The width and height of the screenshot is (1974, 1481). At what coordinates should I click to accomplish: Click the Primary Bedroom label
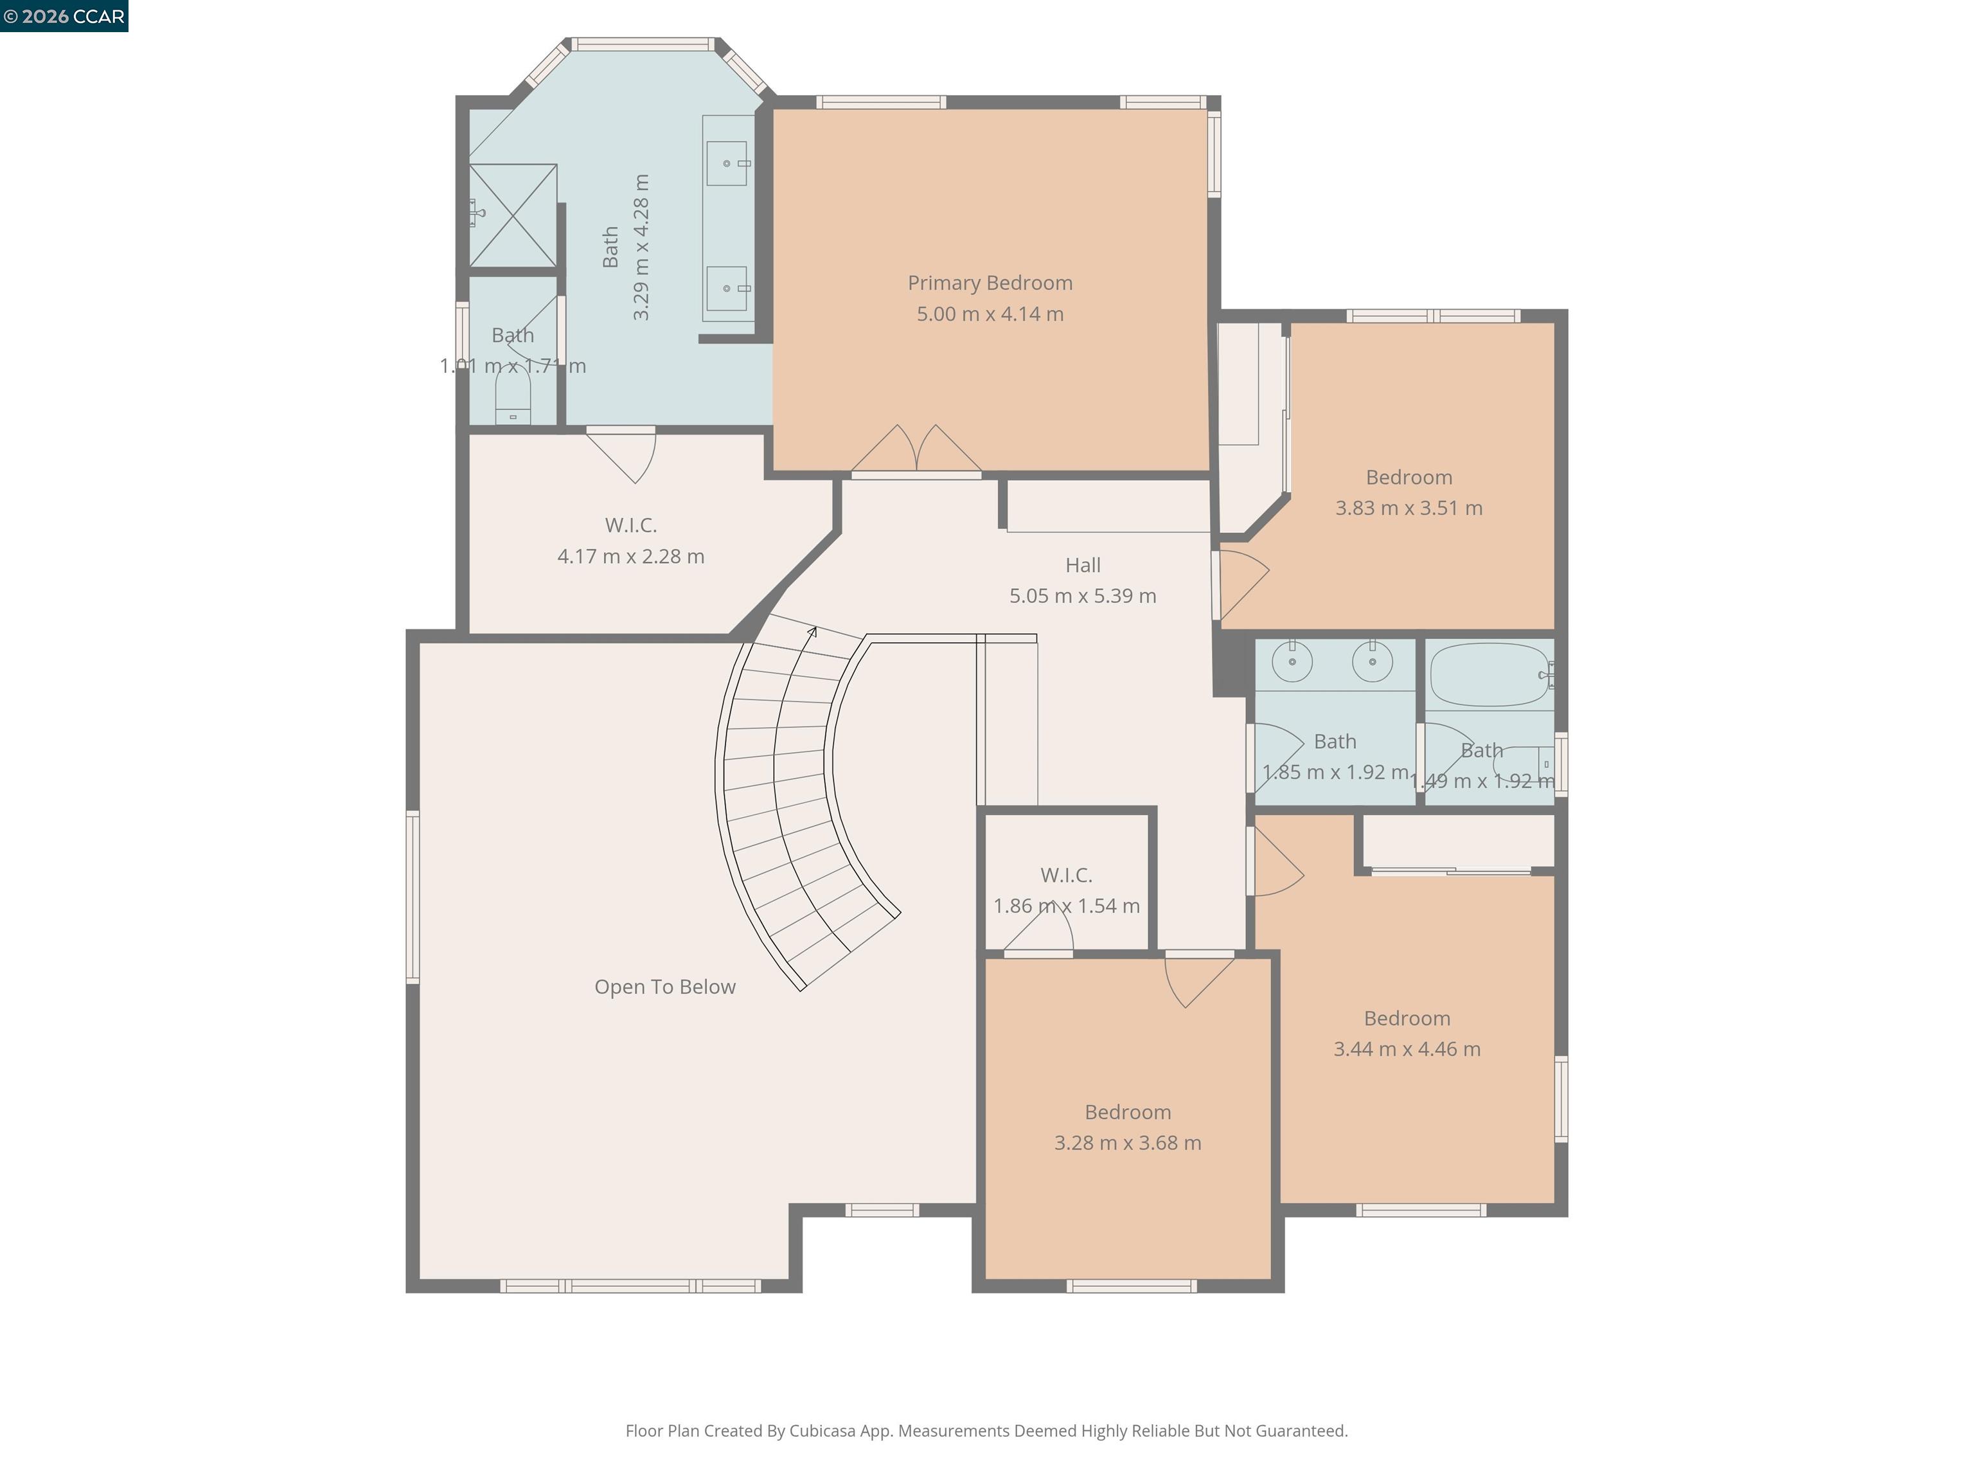pos(990,283)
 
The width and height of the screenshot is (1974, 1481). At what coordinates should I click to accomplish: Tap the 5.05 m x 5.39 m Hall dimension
pos(1083,595)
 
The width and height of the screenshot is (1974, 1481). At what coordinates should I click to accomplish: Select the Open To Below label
pos(665,987)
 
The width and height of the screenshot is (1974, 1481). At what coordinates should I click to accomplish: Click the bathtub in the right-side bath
pos(1489,675)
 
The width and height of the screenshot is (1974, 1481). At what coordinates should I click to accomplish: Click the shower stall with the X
pos(513,215)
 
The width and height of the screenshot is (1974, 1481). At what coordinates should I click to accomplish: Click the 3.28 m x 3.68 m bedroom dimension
pos(1127,1143)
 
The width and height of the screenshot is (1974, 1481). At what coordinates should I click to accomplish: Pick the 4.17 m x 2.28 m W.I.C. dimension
pos(631,556)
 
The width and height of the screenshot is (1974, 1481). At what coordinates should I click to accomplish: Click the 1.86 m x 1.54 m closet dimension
pos(1067,905)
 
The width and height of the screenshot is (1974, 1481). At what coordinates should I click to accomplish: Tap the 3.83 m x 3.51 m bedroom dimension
pos(1409,508)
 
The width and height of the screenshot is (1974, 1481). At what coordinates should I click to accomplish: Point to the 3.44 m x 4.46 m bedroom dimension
pos(1407,1049)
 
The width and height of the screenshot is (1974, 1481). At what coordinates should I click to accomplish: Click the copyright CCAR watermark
pos(64,16)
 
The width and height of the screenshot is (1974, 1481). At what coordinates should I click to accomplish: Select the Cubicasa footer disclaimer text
pos(986,1431)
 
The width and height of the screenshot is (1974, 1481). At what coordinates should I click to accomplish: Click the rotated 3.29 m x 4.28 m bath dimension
pos(641,247)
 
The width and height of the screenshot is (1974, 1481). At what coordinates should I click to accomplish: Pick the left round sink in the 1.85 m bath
pos(1292,661)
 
